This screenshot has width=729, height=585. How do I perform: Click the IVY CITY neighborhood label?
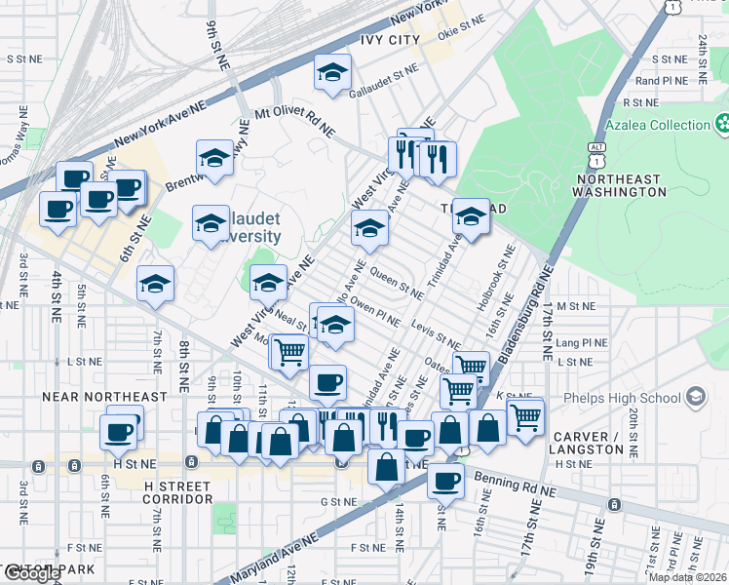pyautogui.click(x=389, y=40)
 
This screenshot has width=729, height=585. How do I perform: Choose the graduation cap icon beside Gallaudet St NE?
pyautogui.click(x=332, y=73)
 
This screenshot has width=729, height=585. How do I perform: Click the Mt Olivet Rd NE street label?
pyautogui.click(x=294, y=121)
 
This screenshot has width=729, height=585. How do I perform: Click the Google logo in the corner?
pyautogui.click(x=31, y=573)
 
